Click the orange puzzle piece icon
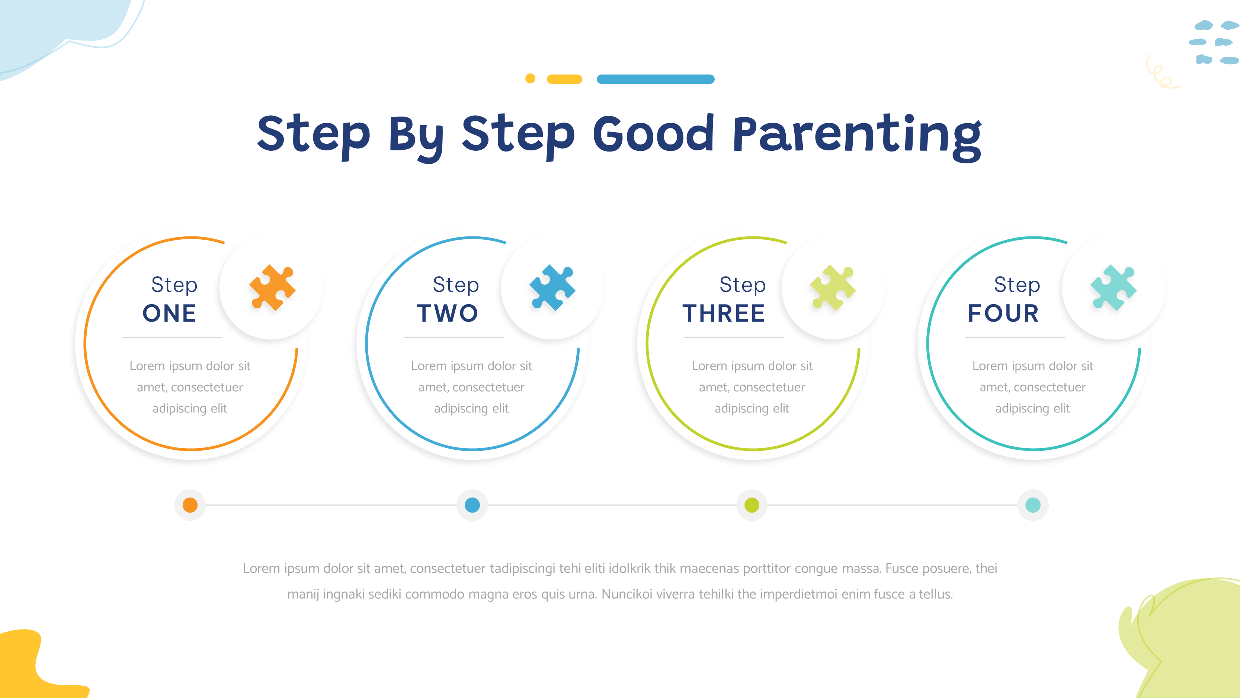click(272, 288)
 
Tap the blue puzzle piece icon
click(552, 288)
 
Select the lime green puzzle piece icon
click(833, 288)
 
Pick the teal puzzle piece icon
click(1114, 288)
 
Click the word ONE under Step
click(169, 313)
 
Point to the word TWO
click(448, 313)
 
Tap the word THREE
click(724, 313)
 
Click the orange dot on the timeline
click(190, 505)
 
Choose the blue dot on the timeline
click(472, 505)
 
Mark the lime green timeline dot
click(752, 505)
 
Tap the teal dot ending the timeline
click(1033, 505)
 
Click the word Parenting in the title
click(857, 135)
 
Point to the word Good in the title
click(653, 134)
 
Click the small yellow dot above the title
click(530, 79)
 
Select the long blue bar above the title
click(656, 79)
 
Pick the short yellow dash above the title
click(565, 79)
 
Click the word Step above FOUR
click(1017, 285)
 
